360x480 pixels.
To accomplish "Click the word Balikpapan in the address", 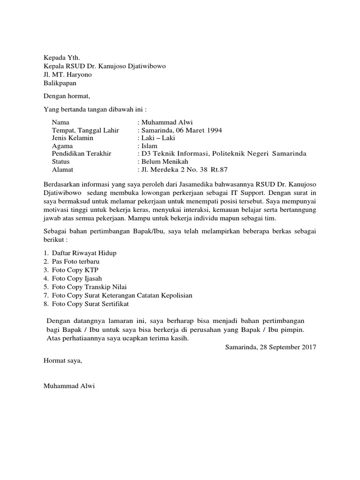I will point(60,83).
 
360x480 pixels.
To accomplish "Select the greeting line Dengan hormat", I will point(66,96).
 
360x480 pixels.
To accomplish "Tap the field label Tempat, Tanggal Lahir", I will point(85,130).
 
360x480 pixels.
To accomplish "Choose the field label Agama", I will point(62,146).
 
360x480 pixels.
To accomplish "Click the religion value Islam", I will point(149,146).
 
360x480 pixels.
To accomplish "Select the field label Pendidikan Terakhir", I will point(84,154).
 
